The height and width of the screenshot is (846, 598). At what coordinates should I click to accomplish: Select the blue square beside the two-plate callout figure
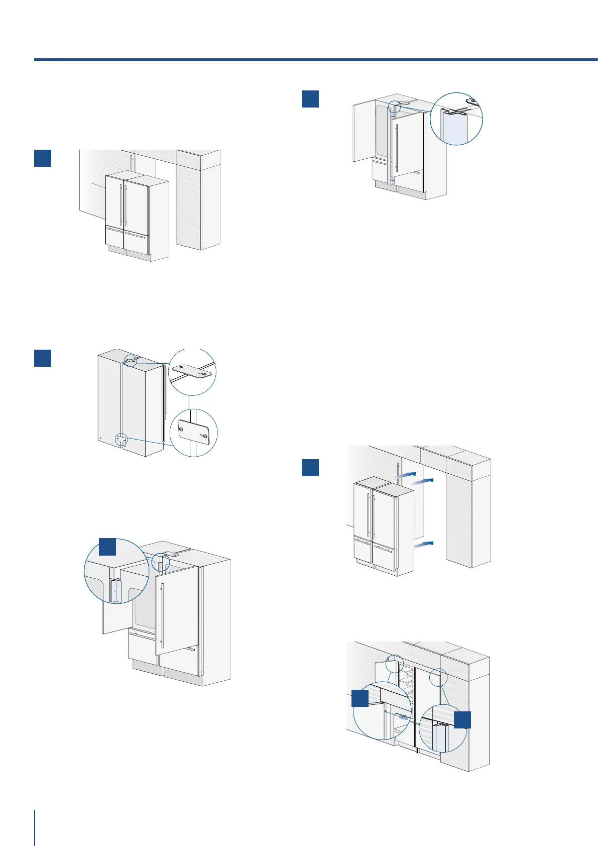coord(43,358)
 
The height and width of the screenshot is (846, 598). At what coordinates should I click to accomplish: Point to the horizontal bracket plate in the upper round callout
coord(193,372)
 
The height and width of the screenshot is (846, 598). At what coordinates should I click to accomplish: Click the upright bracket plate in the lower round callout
coord(193,433)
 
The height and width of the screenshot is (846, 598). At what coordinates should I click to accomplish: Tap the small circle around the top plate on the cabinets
coord(130,360)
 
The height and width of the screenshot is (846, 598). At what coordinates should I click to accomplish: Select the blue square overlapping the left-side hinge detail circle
coord(107,547)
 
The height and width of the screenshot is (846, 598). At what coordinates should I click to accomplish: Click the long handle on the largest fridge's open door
coord(163,615)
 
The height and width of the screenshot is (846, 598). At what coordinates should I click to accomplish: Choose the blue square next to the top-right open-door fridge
coord(310,98)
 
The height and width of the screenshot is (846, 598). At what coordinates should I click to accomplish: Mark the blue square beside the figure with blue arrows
coord(310,467)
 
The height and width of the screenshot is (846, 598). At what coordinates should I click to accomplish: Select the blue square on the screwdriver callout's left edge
coord(360,698)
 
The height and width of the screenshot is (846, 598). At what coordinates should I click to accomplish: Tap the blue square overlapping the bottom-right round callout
coord(462,719)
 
